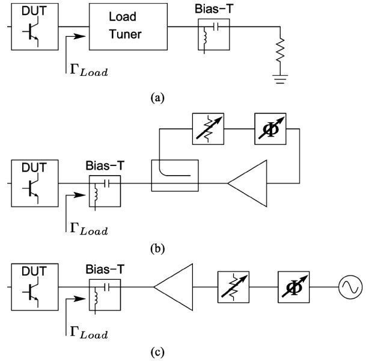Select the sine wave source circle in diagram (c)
click(348, 288)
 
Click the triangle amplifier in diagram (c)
click(175, 288)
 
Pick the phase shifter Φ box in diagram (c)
click(293, 288)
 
